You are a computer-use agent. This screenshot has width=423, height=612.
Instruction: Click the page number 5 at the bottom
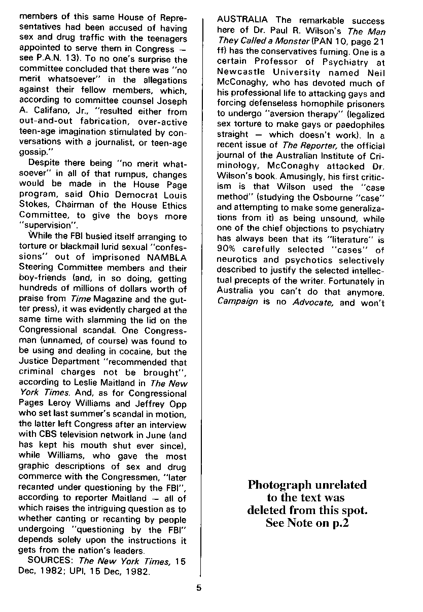pyautogui.click(x=199, y=589)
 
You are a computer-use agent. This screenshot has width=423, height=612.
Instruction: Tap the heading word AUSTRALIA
pyautogui.click(x=242, y=20)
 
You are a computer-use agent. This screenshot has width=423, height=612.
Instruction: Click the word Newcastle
pyautogui.click(x=241, y=73)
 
